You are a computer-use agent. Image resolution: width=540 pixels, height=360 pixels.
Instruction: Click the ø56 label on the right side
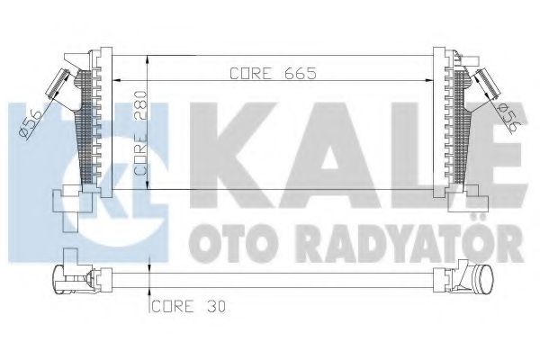click(506, 114)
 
